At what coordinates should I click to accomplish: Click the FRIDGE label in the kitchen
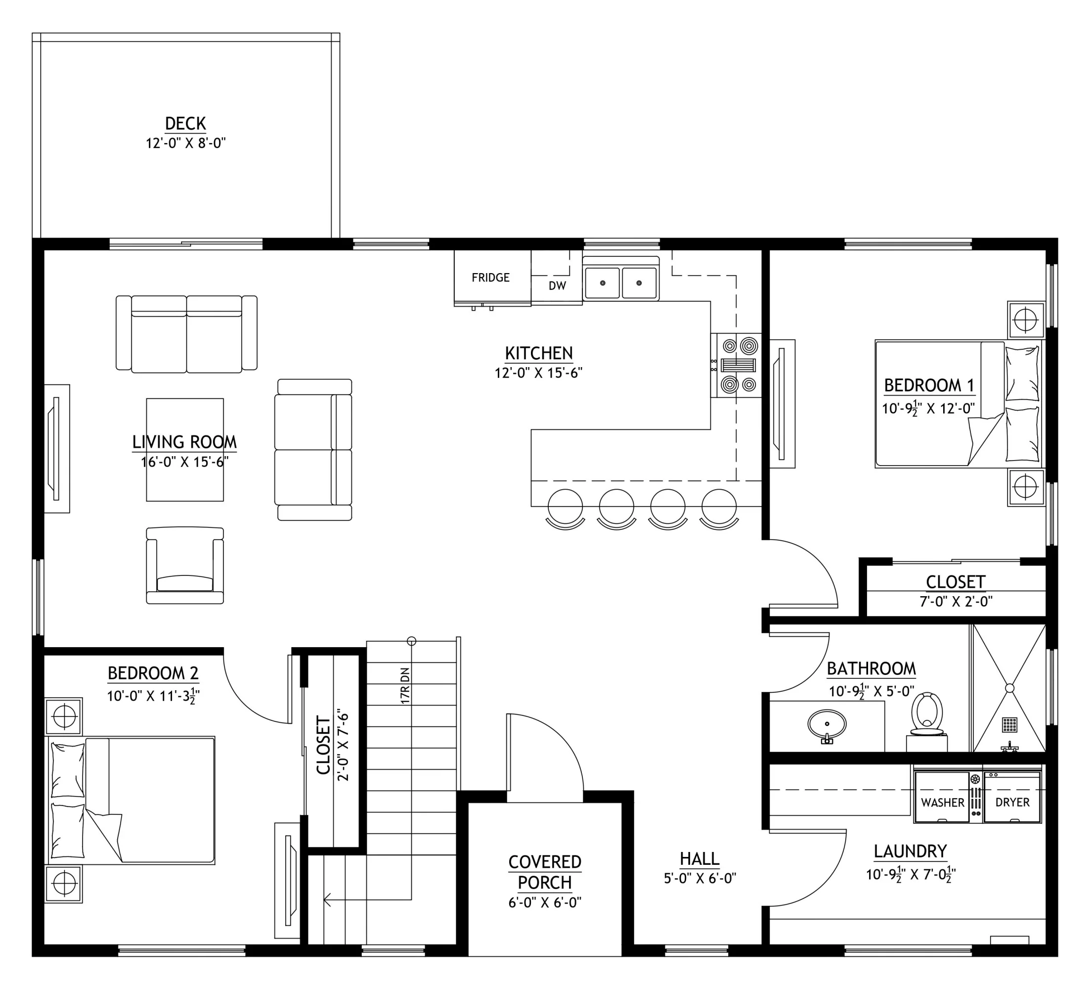point(490,278)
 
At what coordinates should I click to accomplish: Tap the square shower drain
point(1009,724)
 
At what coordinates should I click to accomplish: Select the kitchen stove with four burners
point(736,365)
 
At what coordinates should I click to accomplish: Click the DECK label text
point(185,124)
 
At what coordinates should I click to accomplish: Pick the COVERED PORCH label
point(545,872)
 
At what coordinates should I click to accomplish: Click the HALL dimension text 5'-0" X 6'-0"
point(700,878)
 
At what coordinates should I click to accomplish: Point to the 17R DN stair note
point(405,686)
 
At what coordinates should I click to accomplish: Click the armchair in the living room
point(185,566)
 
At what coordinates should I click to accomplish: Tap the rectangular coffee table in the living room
point(185,450)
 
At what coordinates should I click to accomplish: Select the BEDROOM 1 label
point(929,385)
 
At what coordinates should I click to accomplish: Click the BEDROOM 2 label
point(153,673)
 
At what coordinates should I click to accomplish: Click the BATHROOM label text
point(871,669)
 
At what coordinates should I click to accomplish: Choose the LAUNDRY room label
point(910,851)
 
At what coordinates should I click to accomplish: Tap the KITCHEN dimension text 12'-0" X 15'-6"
point(538,373)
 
